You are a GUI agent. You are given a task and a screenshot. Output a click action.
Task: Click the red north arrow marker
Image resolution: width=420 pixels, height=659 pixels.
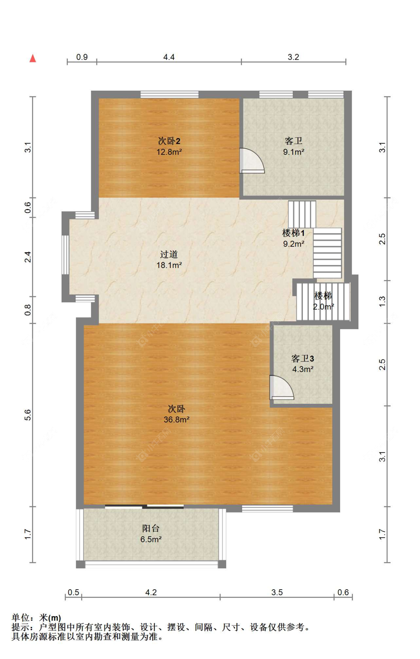[x=33, y=58]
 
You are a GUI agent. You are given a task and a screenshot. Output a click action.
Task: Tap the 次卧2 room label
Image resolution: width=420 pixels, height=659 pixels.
[x=169, y=141]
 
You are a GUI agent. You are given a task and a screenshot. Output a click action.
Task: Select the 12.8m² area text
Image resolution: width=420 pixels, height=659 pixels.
[x=169, y=152]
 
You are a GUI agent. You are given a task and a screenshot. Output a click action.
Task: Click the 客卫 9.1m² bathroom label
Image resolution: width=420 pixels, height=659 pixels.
[x=293, y=146]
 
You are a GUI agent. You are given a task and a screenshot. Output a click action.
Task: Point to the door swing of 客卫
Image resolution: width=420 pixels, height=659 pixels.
[x=252, y=161]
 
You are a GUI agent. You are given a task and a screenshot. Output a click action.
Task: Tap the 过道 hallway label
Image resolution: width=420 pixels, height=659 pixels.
[x=169, y=254]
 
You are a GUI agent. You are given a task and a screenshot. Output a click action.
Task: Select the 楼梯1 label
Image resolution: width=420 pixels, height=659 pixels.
[x=293, y=233]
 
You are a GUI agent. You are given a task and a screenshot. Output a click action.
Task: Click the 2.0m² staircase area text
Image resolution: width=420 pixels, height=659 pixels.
[x=323, y=307]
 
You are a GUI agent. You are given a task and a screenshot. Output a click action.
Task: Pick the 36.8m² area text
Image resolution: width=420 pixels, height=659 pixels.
[x=177, y=419]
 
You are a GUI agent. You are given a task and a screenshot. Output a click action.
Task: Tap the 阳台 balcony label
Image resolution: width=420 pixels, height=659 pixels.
[x=151, y=528]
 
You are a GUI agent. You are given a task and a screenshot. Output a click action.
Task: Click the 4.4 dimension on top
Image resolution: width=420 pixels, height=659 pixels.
[x=169, y=57]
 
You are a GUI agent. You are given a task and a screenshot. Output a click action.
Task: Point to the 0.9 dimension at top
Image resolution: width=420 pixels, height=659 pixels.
[x=82, y=57]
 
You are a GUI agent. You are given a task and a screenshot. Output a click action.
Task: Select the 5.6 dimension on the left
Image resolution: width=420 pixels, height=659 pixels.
[x=28, y=415]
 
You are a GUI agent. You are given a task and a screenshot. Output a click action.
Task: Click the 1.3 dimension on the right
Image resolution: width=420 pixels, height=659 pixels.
[x=382, y=302]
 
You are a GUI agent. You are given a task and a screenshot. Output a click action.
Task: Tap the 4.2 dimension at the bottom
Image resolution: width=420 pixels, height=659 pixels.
[x=151, y=592]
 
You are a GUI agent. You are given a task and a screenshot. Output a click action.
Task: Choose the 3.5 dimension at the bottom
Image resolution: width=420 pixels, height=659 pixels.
[x=277, y=592]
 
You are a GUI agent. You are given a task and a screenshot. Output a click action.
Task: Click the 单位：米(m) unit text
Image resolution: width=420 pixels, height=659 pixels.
[x=36, y=618]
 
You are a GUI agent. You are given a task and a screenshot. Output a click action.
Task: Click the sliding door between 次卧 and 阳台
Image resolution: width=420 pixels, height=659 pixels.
[x=144, y=506]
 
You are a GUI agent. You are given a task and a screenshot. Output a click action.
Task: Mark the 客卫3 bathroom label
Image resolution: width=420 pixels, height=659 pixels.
[x=303, y=359]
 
